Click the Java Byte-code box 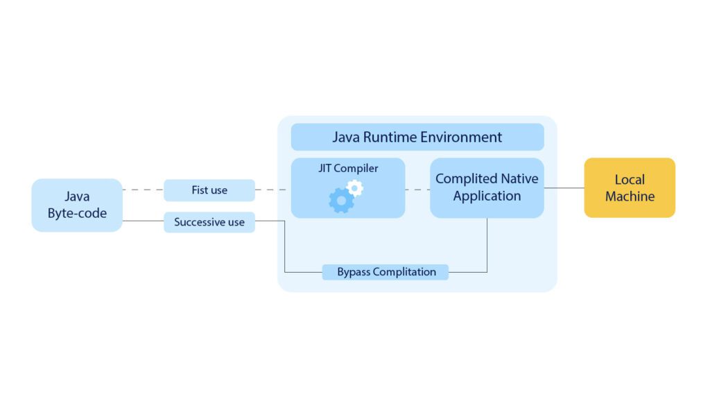point(77,205)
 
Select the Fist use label point(209,190)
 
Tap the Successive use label point(209,222)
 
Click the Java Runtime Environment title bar point(417,137)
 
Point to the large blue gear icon point(340,201)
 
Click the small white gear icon point(355,187)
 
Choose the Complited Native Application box point(487,187)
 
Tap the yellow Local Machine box point(630,188)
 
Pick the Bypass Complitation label point(386,272)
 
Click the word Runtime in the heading point(393,137)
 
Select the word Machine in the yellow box point(630,196)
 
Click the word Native point(517,178)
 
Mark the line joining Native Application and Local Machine point(564,188)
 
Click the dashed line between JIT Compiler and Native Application point(417,189)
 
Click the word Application point(487,196)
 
